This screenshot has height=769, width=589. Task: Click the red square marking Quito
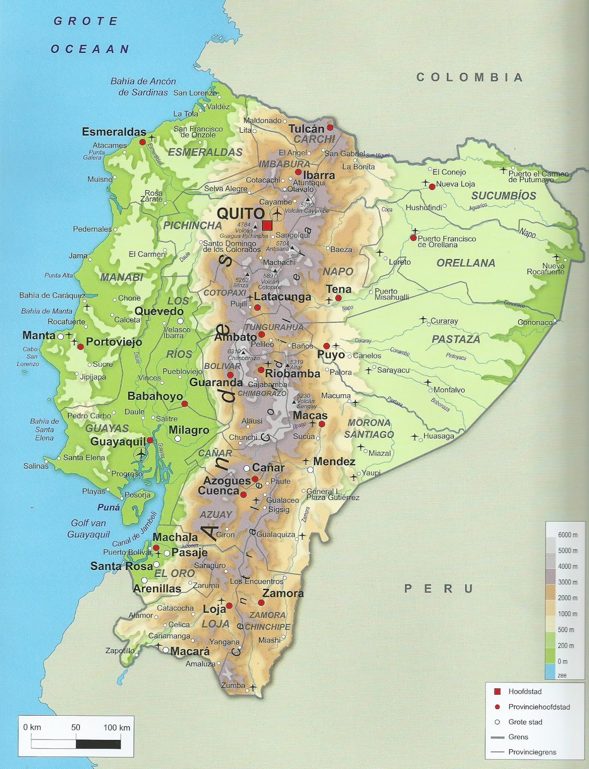click(268, 226)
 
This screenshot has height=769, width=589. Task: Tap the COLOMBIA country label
click(469, 77)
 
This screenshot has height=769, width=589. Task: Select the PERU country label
click(439, 588)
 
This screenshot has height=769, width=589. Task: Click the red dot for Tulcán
click(330, 127)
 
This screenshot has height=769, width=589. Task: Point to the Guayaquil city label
click(118, 442)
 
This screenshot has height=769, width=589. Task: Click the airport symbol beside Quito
click(277, 213)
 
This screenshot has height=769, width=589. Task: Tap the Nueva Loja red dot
click(432, 186)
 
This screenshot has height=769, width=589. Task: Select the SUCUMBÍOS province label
click(503, 196)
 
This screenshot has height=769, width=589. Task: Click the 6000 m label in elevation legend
click(567, 535)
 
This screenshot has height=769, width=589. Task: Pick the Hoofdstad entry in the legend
click(525, 691)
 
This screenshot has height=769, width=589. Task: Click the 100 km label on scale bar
click(117, 727)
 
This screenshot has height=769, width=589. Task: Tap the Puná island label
click(109, 507)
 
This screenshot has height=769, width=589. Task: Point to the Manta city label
click(38, 335)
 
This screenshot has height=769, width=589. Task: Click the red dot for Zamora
click(261, 603)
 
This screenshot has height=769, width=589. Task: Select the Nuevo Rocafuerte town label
click(546, 269)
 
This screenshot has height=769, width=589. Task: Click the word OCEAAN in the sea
click(90, 49)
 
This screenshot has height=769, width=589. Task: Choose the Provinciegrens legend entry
click(532, 752)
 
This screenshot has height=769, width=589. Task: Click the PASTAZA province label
click(455, 339)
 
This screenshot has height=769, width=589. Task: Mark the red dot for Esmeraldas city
click(142, 142)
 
